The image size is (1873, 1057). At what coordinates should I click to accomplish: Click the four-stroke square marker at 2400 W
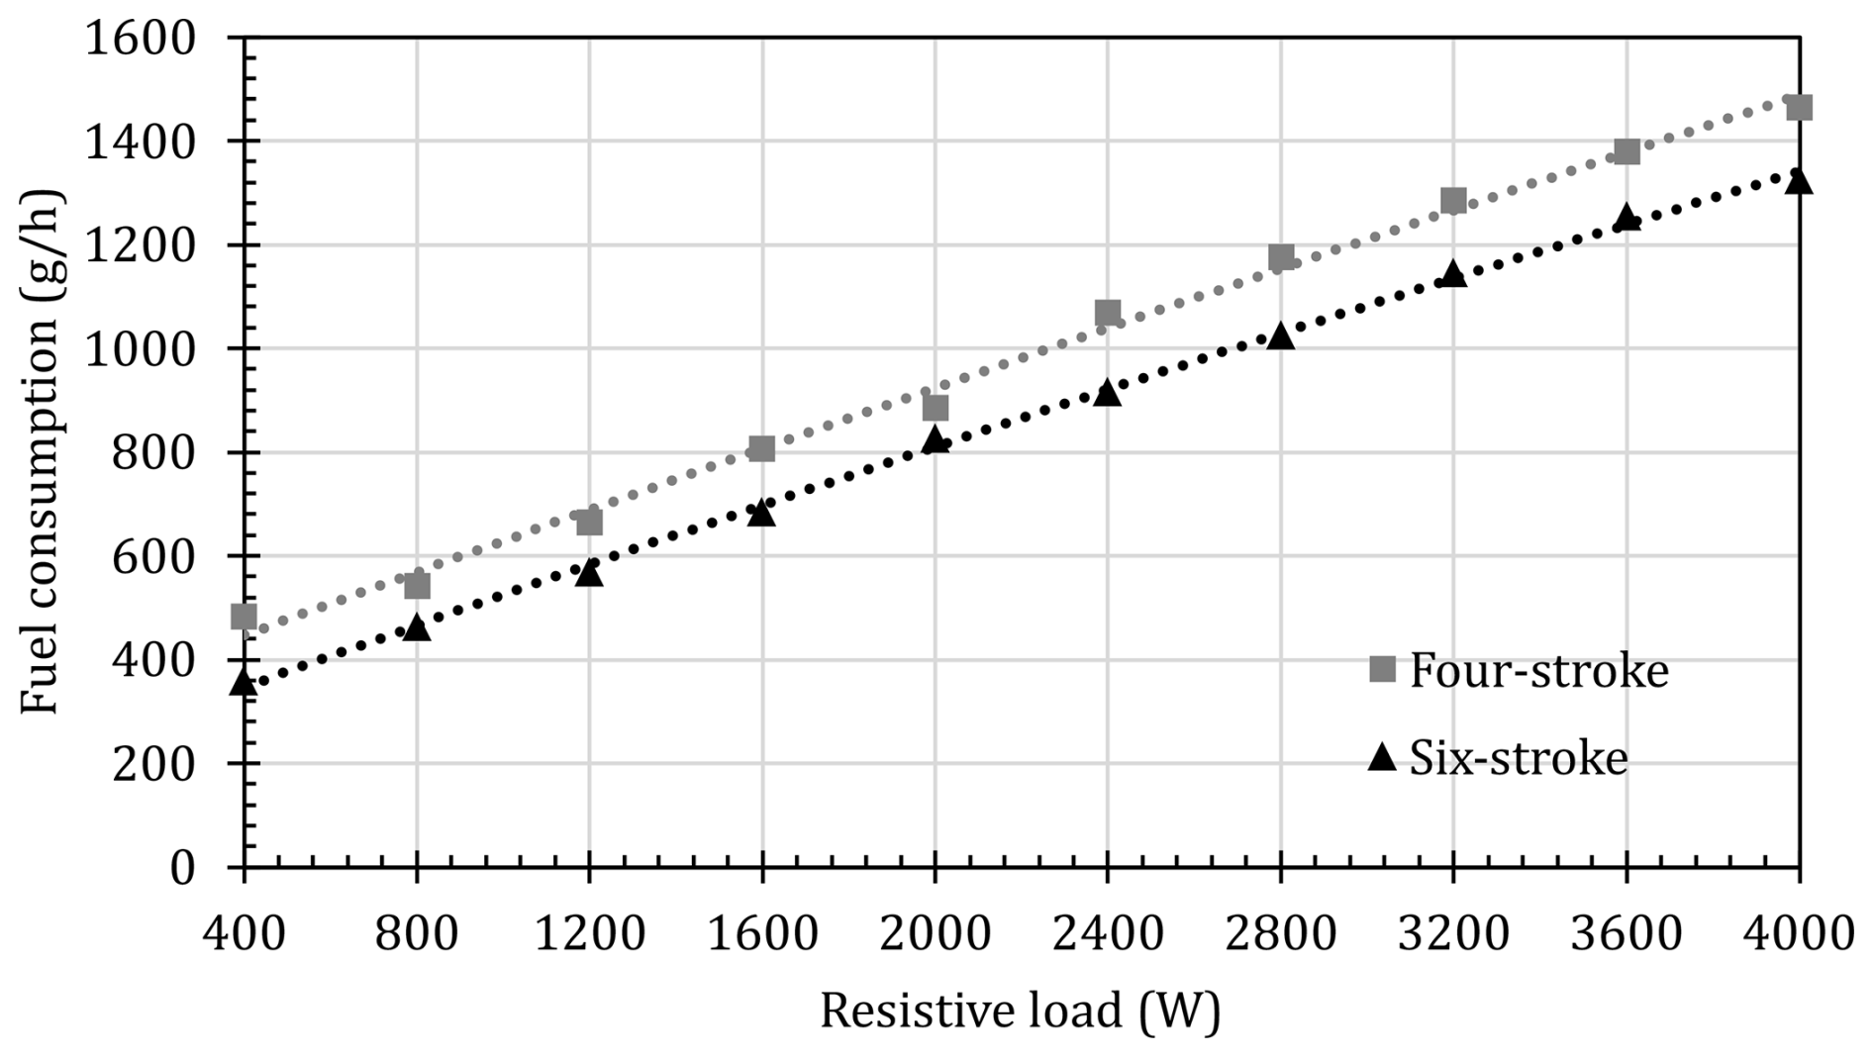coord(1107,314)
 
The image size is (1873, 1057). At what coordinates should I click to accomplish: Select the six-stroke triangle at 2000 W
coord(935,439)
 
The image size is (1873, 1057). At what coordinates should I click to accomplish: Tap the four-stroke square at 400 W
coord(244,617)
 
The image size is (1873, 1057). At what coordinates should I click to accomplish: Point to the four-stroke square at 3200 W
coord(1452,201)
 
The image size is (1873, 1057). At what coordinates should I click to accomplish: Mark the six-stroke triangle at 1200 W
coord(589,572)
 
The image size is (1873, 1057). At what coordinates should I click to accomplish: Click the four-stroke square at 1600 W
coord(761,448)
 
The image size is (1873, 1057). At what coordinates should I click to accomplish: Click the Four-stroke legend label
coord(1538,672)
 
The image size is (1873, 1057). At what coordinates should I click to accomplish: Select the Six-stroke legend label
coord(1518,759)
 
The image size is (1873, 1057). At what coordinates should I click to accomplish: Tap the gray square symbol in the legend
coord(1382,670)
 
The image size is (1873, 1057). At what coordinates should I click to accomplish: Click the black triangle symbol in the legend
coord(1382,758)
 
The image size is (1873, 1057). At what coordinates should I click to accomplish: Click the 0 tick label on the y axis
coord(181,868)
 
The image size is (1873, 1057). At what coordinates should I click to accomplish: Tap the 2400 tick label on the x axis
coord(1107,933)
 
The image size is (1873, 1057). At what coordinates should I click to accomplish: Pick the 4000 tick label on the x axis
coord(1798,933)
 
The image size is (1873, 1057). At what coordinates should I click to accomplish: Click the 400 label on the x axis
coord(244,933)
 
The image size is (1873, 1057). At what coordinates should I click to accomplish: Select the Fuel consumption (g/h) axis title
coord(42,451)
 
